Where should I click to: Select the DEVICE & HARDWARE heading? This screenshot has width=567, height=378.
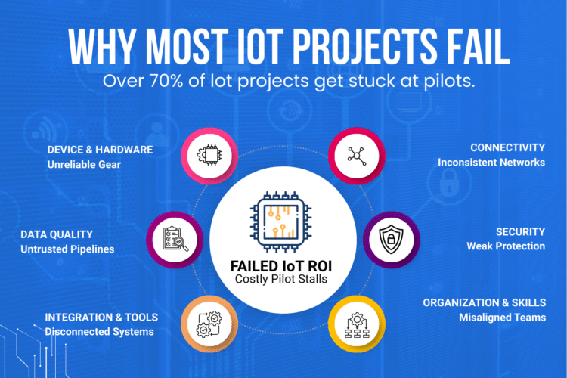coord(100,150)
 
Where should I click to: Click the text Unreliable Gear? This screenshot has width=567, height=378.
coord(84,165)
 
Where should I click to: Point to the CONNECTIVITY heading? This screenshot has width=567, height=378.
coord(508,147)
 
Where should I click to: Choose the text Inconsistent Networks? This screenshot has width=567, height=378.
coord(491,163)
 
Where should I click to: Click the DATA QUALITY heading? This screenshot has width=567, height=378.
coord(57,234)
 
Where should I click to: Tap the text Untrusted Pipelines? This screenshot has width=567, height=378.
coord(67,249)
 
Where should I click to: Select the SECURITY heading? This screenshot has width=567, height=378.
coord(520,232)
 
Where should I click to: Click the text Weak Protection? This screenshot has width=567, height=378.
coord(506,246)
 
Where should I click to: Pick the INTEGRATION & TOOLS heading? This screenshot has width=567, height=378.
coord(101,318)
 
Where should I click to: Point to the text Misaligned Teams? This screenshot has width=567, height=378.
coord(503,318)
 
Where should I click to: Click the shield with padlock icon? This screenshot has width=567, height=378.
coord(392,239)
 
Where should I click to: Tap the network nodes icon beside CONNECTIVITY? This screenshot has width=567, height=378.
coord(357,156)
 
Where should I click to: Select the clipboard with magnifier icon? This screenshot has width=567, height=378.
coord(175,239)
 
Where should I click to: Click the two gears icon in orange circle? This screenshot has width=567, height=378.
coord(209,324)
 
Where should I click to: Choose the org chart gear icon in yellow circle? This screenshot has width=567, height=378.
coord(357,325)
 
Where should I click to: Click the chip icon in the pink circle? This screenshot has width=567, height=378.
coord(209,155)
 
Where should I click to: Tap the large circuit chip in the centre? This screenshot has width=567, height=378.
coord(281,222)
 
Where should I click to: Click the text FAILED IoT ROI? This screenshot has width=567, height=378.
coord(281,266)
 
